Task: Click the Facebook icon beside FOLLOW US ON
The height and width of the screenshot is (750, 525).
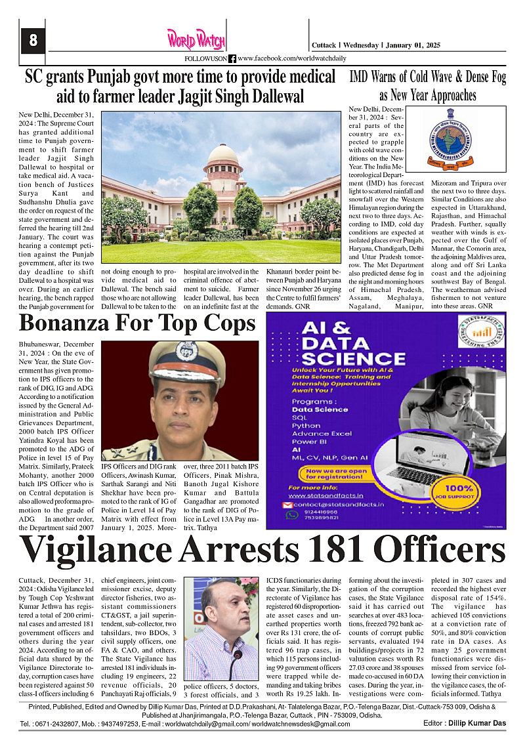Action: point(232,59)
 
